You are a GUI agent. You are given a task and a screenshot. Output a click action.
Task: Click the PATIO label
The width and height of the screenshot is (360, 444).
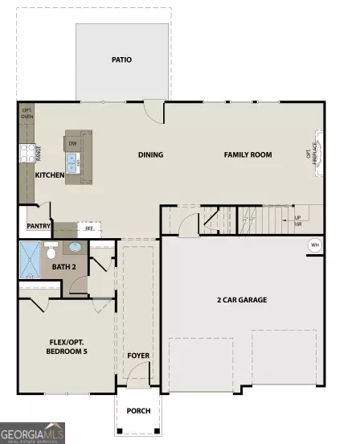tap(122, 60)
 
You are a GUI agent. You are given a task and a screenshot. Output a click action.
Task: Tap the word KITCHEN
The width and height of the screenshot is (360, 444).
tap(50, 175)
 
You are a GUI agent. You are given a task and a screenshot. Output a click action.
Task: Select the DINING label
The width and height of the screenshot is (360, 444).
tap(150, 155)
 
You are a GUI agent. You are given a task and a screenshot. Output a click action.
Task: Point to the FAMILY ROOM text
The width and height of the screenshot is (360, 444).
tap(247, 155)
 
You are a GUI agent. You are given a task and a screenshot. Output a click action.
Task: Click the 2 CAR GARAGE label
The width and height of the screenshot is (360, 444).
tap(242, 300)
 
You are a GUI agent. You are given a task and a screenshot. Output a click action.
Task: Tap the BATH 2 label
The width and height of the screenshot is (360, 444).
tap(63, 266)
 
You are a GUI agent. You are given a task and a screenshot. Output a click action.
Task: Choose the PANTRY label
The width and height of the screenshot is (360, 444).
tap(39, 226)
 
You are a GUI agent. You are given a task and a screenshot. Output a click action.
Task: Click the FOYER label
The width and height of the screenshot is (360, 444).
tap(138, 355)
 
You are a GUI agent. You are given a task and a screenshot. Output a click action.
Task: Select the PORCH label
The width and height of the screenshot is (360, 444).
tap(138, 411)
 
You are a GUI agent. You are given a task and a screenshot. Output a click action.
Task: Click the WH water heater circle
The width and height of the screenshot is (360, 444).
tap(314, 245)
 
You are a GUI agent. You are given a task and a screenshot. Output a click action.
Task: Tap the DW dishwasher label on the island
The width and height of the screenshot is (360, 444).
tap(72, 145)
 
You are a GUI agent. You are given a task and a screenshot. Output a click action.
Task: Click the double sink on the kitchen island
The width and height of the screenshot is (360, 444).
tap(72, 163)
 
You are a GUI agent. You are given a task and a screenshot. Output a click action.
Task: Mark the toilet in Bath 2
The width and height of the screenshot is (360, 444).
tap(51, 251)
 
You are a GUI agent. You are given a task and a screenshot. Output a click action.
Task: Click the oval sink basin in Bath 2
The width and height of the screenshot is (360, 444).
tap(75, 248)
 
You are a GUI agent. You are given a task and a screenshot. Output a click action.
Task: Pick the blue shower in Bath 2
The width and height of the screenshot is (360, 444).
tap(29, 259)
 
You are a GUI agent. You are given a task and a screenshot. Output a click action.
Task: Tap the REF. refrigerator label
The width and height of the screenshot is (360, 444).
tap(89, 228)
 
